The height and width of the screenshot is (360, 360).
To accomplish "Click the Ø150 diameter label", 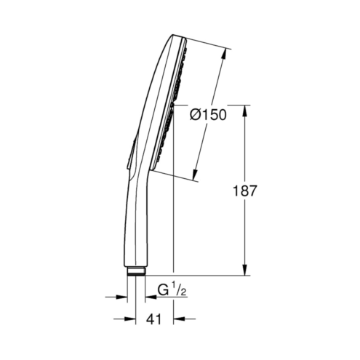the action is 208,115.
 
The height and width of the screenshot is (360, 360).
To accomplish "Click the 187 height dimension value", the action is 244,191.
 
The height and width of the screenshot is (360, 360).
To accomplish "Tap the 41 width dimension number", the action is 153,319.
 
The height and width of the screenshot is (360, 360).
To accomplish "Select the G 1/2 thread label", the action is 172,289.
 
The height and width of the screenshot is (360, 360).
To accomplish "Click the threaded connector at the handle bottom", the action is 136,271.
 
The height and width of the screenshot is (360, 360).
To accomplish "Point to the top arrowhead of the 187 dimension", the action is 245,111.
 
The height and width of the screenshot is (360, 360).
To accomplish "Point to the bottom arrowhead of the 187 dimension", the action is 245,269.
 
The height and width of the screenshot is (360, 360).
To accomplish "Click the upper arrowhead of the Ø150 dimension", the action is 224,55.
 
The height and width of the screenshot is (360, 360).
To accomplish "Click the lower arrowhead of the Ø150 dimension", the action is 195,175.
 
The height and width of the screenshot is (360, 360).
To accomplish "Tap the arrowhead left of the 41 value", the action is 129,319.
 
